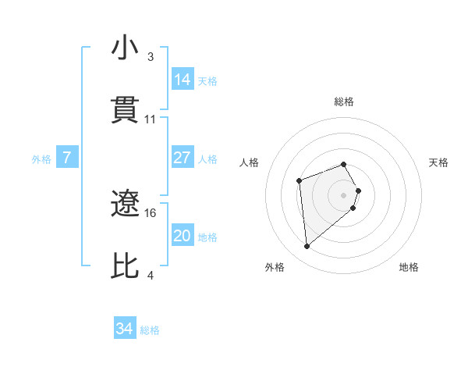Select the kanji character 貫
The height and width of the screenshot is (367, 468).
tap(126, 110)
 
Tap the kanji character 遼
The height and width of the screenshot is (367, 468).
tap(126, 205)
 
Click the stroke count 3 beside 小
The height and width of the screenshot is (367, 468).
tap(151, 57)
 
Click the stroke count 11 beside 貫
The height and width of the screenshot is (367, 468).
tap(151, 119)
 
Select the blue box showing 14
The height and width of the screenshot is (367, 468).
tap(183, 80)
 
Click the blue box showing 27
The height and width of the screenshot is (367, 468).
tap(183, 158)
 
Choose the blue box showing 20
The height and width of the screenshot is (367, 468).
tap(183, 236)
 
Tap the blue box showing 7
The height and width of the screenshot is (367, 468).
tap(67, 158)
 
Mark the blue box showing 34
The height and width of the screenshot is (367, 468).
tap(125, 330)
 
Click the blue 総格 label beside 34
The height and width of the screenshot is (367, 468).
tap(150, 330)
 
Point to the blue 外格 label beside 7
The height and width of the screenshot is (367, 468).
tap(41, 159)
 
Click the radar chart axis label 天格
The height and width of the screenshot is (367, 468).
tap(438, 162)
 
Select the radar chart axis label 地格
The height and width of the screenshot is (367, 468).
tap(409, 267)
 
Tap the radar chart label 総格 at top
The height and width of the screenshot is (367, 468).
tap(344, 102)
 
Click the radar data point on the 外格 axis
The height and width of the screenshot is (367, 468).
tap(307, 247)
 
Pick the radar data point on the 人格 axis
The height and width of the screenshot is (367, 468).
tap(299, 181)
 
